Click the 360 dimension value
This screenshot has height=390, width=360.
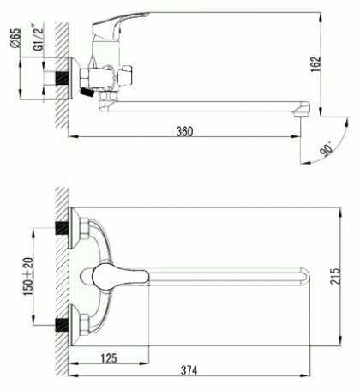[x=184, y=131]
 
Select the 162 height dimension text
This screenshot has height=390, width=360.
[x=316, y=64]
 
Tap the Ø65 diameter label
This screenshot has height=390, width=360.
[x=15, y=38]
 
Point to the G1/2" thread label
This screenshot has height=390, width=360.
[x=39, y=38]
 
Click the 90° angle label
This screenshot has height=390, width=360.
[x=327, y=148]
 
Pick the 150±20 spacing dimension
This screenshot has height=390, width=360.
[x=28, y=276]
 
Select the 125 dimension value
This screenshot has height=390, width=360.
[x=109, y=358]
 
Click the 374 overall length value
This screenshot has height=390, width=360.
[x=189, y=370]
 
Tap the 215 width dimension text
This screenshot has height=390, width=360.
[x=335, y=276]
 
